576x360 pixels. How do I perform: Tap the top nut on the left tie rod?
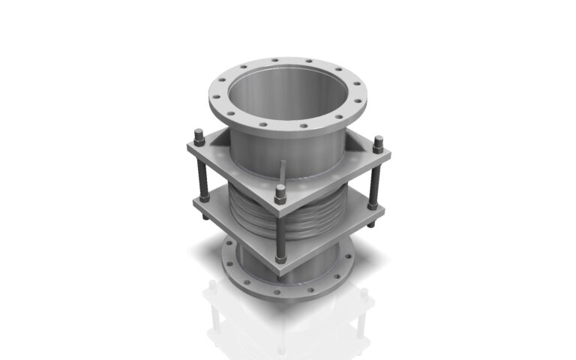pyautogui.click(x=199, y=136)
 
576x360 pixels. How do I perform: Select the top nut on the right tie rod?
pyautogui.click(x=378, y=141)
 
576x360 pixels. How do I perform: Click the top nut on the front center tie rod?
pyautogui.click(x=280, y=197)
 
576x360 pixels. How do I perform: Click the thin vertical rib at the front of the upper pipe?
pyautogui.click(x=283, y=172)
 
